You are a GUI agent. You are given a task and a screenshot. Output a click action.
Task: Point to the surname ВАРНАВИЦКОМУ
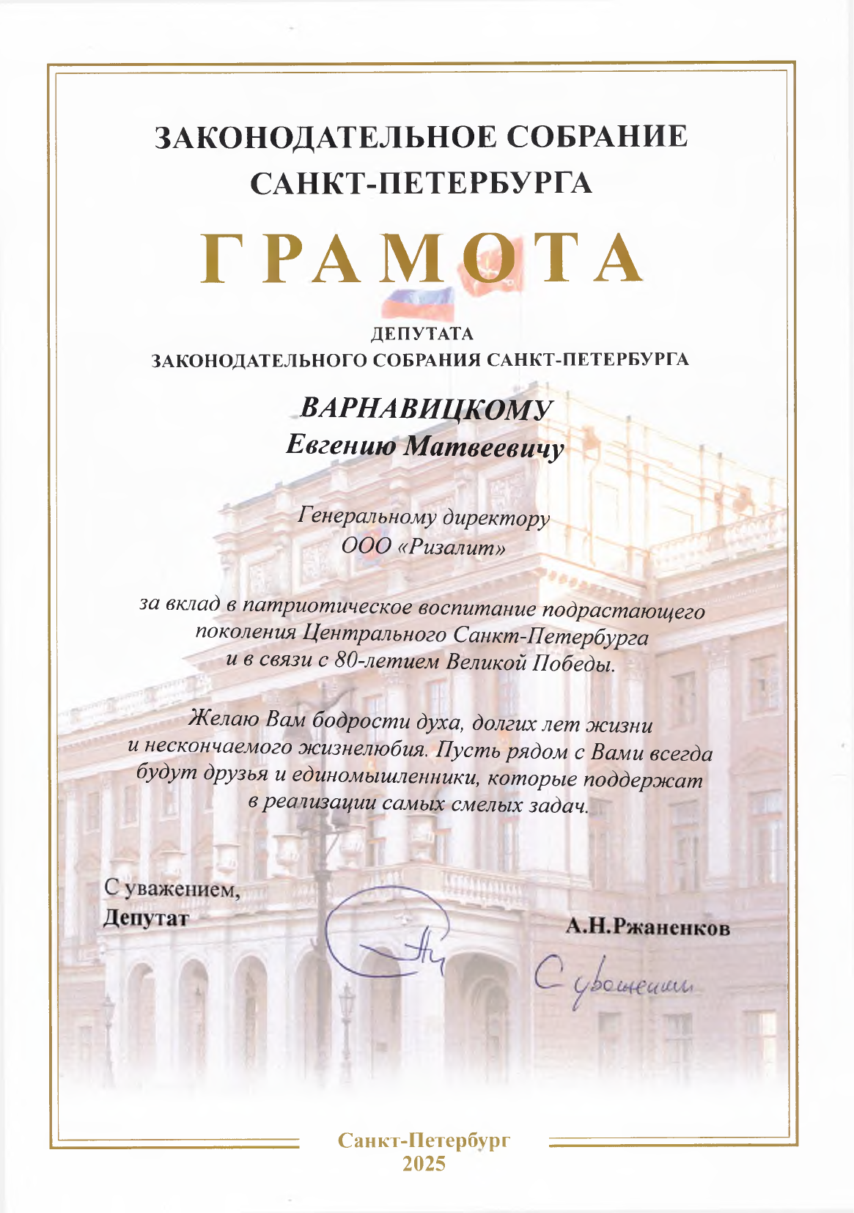coord(426,410)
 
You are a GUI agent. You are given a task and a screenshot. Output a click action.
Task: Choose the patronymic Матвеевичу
coord(485,448)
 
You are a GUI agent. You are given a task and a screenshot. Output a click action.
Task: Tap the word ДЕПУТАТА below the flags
coord(422,335)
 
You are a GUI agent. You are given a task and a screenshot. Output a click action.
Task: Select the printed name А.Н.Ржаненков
coord(648,928)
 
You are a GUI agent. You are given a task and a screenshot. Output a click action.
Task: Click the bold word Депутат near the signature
coord(146,918)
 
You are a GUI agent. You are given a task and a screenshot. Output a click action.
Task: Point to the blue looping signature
coord(381,934)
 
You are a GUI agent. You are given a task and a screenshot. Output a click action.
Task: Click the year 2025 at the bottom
coord(424,1164)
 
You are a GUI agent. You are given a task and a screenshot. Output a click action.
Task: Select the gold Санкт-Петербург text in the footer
coord(424,1140)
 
